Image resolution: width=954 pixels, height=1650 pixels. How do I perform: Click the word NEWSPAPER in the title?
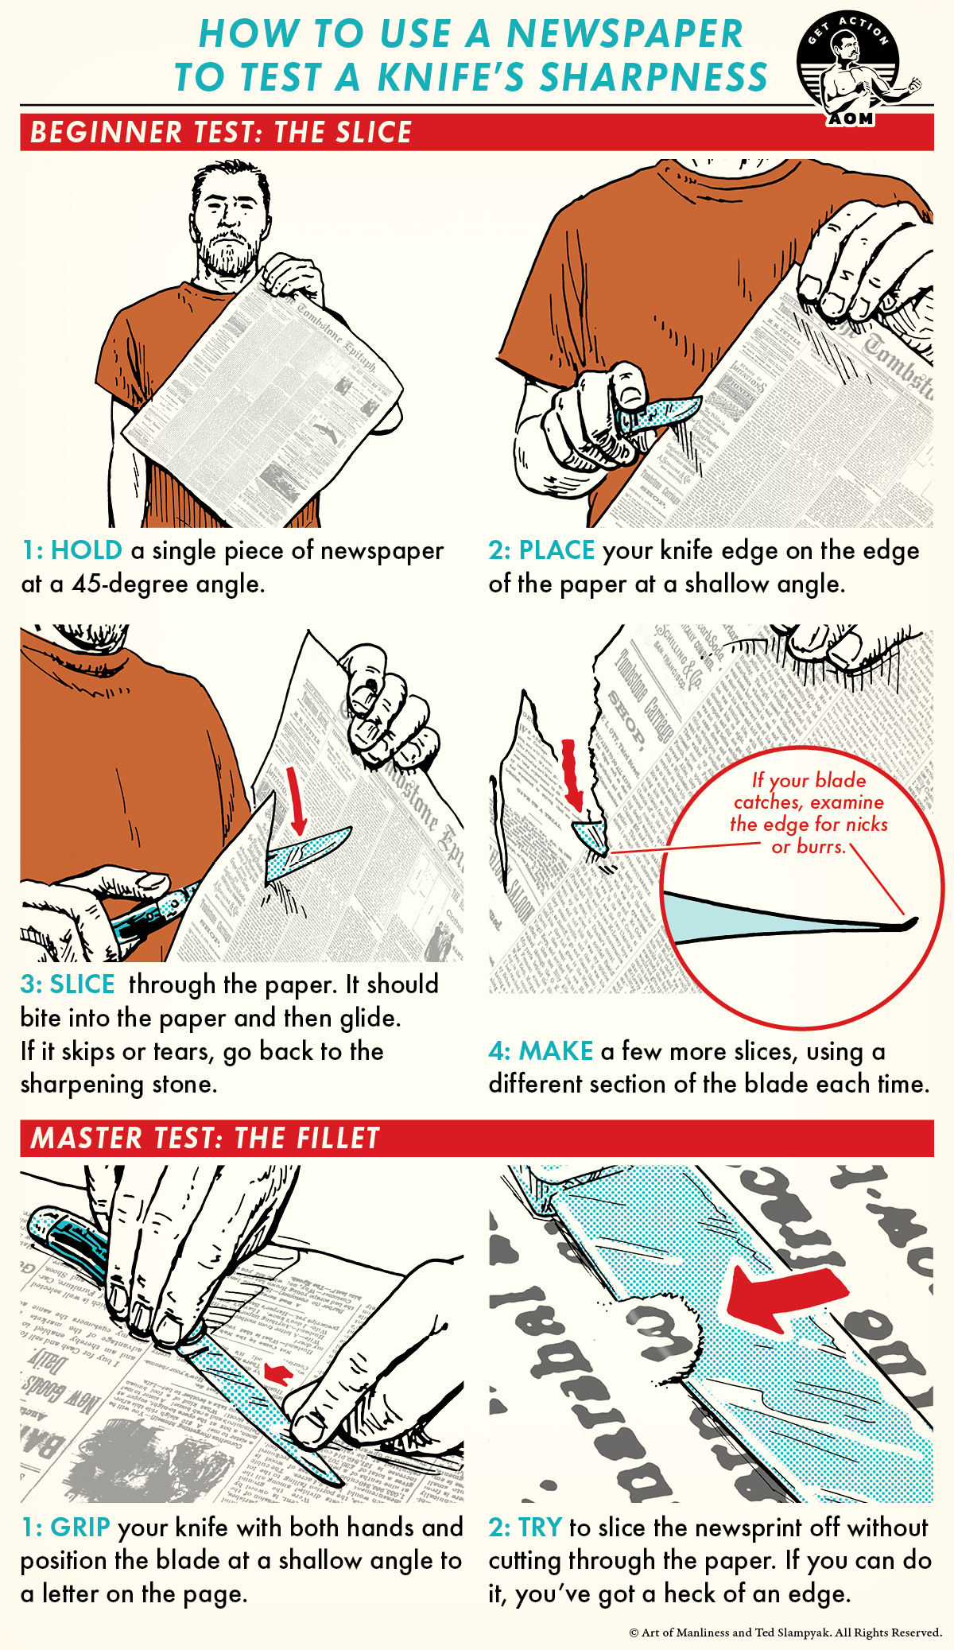point(625,34)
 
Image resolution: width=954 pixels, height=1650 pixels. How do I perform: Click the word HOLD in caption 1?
point(87,550)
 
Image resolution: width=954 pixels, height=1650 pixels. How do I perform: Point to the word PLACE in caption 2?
point(556,550)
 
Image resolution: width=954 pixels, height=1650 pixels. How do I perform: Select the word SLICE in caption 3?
point(82,984)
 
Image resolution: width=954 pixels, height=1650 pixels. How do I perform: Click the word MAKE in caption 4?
point(556,1051)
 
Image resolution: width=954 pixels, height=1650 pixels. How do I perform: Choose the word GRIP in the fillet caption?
point(80,1528)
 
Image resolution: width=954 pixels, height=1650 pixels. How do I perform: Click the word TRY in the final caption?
point(540,1528)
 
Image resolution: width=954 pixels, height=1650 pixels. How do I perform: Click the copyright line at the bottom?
point(785,1633)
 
